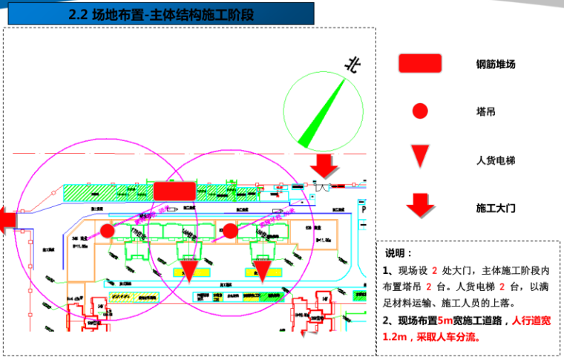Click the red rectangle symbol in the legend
click(420, 64)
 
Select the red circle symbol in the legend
click(420, 111)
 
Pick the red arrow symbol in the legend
click(421, 203)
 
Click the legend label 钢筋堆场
click(495, 65)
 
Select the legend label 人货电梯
click(495, 160)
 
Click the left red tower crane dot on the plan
click(108, 231)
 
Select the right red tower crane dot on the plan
click(231, 231)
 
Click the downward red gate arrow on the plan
click(324, 167)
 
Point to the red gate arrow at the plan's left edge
click(7, 220)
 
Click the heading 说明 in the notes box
click(399, 253)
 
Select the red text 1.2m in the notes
click(399, 337)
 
